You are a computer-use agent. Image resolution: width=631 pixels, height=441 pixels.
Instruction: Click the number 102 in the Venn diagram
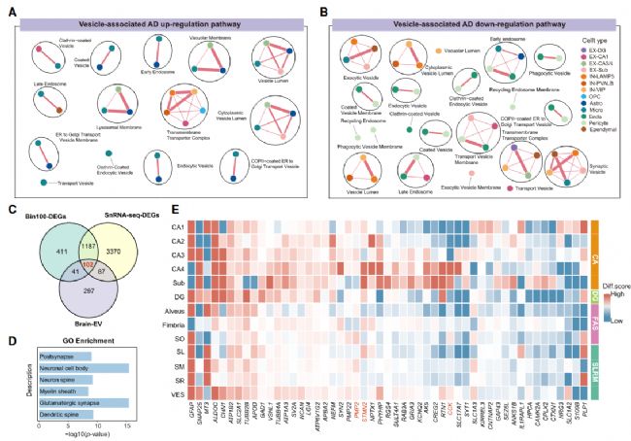coord(88,263)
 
